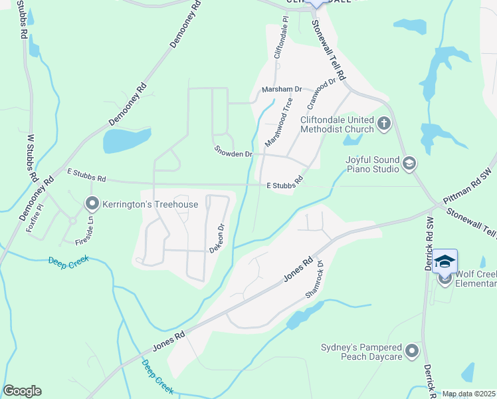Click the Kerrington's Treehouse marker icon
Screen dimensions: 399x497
pyautogui.click(x=92, y=204)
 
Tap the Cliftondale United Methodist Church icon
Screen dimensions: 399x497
pyautogui.click(x=383, y=123)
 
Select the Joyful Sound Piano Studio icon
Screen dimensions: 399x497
pyautogui.click(x=409, y=164)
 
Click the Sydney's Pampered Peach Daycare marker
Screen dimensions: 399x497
pyautogui.click(x=413, y=350)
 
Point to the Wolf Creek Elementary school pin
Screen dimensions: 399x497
pyautogui.click(x=445, y=262)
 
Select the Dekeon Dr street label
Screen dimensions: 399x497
pyautogui.click(x=218, y=237)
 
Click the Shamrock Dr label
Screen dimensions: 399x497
pyautogui.click(x=314, y=277)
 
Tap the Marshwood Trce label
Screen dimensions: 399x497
pyautogui.click(x=279, y=122)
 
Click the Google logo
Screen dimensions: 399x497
pyautogui.click(x=22, y=391)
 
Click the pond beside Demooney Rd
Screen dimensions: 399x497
pyautogui.click(x=126, y=140)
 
